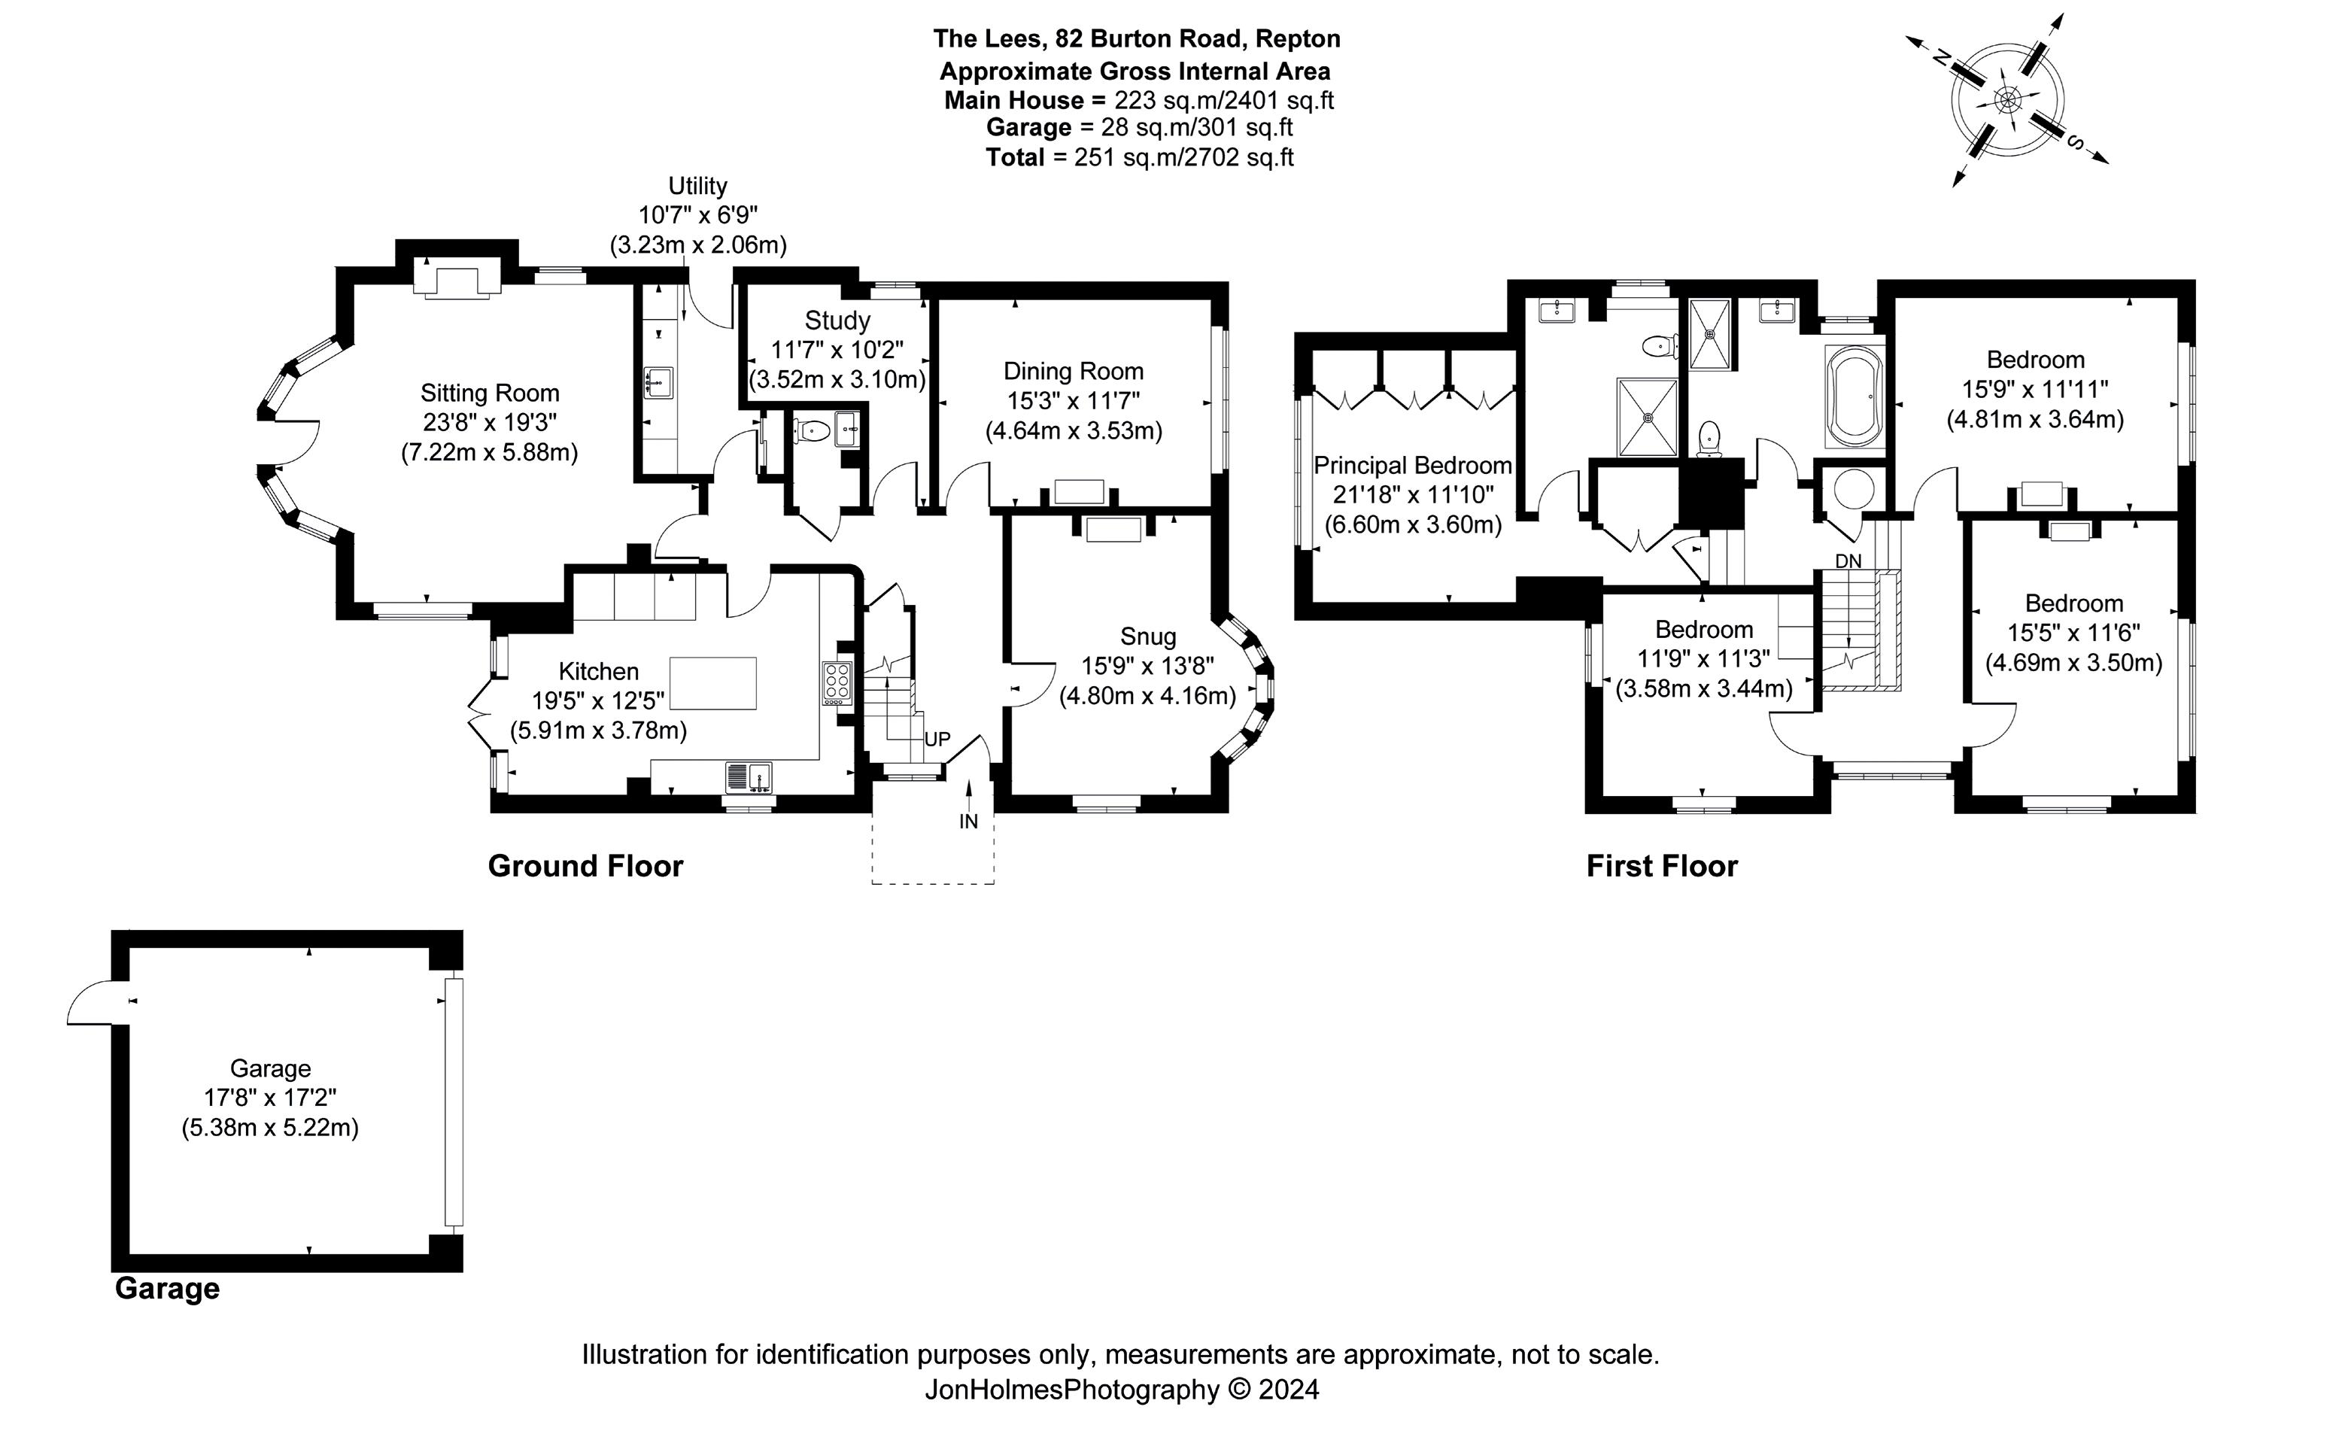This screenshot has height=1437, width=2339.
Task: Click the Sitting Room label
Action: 490,393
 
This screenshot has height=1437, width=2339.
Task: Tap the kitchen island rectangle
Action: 712,682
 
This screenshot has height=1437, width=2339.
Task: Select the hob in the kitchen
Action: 837,683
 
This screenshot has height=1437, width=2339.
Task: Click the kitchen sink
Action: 749,777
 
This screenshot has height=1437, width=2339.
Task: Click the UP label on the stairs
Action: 937,740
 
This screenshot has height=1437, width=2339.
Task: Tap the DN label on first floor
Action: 1848,562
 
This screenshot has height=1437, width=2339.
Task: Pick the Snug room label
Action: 1148,636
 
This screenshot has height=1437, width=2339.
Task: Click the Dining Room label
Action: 1073,372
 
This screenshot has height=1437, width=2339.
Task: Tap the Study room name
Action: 837,321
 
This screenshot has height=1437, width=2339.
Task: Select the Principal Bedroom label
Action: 1412,466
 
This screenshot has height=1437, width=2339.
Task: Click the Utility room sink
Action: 658,382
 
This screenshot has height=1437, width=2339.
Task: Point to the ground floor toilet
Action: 811,430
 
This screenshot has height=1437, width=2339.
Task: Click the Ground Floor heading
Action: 585,866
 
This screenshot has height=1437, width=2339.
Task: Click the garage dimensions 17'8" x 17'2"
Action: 270,1098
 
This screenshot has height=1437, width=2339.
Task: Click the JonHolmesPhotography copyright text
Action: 1122,1390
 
